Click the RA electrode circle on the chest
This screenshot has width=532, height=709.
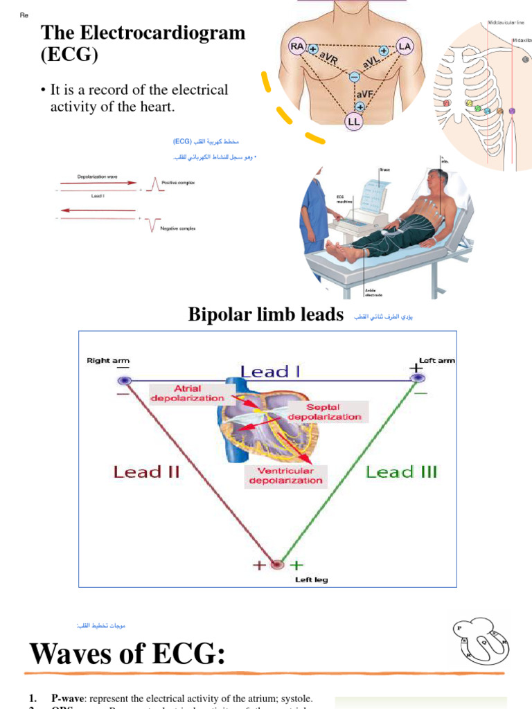click(297, 46)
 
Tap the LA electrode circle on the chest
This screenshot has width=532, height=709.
click(405, 46)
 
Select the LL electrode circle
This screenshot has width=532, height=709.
click(354, 121)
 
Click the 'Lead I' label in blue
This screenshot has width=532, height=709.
click(270, 372)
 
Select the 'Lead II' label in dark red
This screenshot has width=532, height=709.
click(146, 472)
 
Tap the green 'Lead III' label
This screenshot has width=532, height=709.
click(401, 472)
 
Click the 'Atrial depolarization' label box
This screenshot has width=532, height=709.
click(188, 393)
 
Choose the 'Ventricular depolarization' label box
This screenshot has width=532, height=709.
click(285, 475)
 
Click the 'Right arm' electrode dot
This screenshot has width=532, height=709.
click(124, 380)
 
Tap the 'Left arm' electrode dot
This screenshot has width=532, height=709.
click(417, 378)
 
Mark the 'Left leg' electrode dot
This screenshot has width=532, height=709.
click(277, 564)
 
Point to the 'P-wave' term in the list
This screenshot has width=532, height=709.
click(67, 699)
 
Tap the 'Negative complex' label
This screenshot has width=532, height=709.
click(178, 228)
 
